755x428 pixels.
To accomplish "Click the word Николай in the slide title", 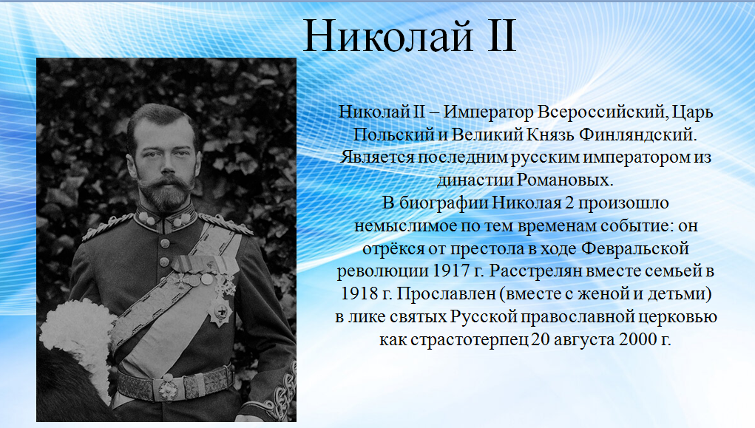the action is click(388, 36).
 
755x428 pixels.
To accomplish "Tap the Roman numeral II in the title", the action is click(501, 35).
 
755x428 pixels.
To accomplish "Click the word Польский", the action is click(394, 135).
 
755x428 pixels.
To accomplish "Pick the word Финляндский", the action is click(638, 135).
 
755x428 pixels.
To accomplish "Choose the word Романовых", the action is click(565, 180).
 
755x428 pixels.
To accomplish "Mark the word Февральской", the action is click(635, 249).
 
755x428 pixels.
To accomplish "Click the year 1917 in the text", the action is click(451, 271).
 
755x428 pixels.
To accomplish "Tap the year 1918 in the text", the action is click(359, 293).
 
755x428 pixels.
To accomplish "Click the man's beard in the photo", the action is click(166, 193).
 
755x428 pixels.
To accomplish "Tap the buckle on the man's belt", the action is click(169, 388).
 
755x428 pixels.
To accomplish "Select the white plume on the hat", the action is click(78, 337).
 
